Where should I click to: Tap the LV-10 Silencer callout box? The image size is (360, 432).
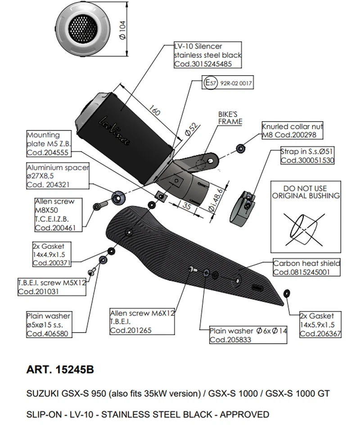(207, 55)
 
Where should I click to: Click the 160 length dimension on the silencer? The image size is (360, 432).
(154, 111)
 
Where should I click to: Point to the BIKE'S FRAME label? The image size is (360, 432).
(230, 118)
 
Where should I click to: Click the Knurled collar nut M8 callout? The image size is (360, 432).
(292, 131)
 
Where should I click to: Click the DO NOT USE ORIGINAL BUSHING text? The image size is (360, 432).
(306, 192)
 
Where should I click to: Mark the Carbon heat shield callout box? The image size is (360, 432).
(306, 268)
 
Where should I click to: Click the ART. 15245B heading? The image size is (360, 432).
(60, 370)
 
